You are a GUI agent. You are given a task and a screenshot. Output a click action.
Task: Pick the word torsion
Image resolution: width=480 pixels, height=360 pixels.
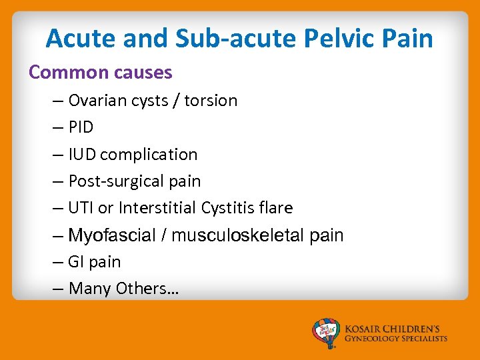pyautogui.click(x=211, y=101)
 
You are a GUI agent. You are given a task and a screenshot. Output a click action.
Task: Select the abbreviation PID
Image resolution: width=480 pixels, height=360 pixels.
pyautogui.click(x=81, y=127)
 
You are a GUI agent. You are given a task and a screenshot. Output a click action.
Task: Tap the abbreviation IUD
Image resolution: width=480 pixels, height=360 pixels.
pyautogui.click(x=82, y=155)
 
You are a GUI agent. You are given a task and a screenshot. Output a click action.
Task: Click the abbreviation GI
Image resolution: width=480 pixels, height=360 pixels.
pyautogui.click(x=76, y=262)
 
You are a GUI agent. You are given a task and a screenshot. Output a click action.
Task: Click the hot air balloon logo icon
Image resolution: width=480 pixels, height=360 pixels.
pyautogui.click(x=326, y=332)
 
